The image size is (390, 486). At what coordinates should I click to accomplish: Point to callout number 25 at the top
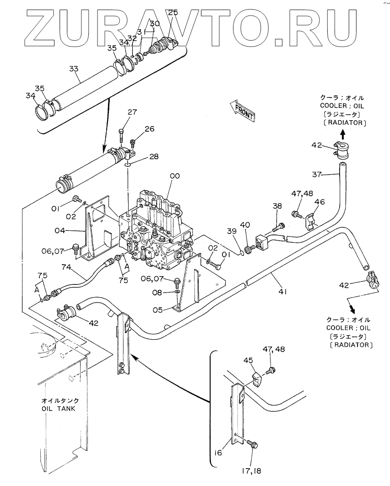tap(173, 13)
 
